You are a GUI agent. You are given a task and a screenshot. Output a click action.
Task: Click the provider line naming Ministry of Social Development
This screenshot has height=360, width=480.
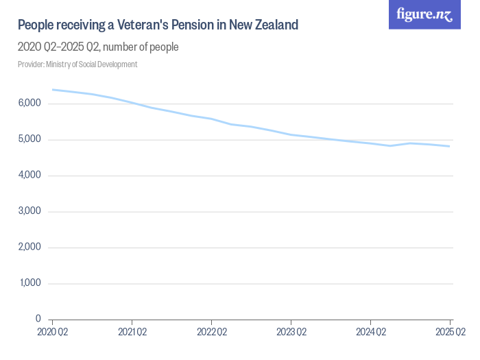77,64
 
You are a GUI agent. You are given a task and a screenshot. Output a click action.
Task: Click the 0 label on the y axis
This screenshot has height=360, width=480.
38,320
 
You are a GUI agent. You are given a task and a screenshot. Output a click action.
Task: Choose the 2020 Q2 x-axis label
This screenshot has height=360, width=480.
53,333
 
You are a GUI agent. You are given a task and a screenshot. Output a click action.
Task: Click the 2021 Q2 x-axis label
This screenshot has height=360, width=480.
132,333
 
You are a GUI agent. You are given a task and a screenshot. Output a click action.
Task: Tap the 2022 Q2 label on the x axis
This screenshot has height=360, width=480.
211,333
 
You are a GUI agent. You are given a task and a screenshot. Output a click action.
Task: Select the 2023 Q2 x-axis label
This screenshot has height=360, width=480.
291,333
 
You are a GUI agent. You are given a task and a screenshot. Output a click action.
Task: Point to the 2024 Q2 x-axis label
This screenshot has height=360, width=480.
370,333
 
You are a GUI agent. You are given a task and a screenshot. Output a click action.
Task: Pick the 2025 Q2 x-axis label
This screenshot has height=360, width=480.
450,333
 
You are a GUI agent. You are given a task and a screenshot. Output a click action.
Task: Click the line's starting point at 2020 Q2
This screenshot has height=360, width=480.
53,90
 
